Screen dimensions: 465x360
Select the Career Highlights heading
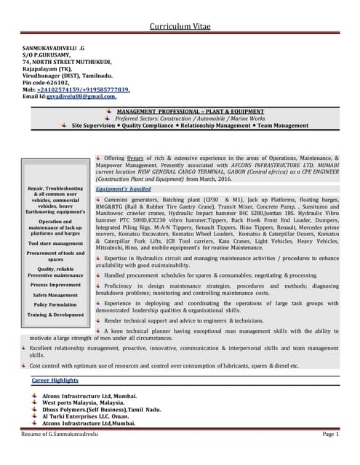pos(55,380)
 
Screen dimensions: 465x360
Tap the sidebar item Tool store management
pos(55,243)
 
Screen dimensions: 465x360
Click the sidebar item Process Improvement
pos(55,285)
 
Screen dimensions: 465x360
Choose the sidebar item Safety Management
pos(55,295)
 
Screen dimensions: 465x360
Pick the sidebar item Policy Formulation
pos(55,304)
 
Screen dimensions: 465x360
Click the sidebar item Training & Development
pos(55,315)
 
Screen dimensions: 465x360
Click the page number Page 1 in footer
pos(330,434)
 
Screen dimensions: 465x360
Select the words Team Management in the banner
pos(284,126)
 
